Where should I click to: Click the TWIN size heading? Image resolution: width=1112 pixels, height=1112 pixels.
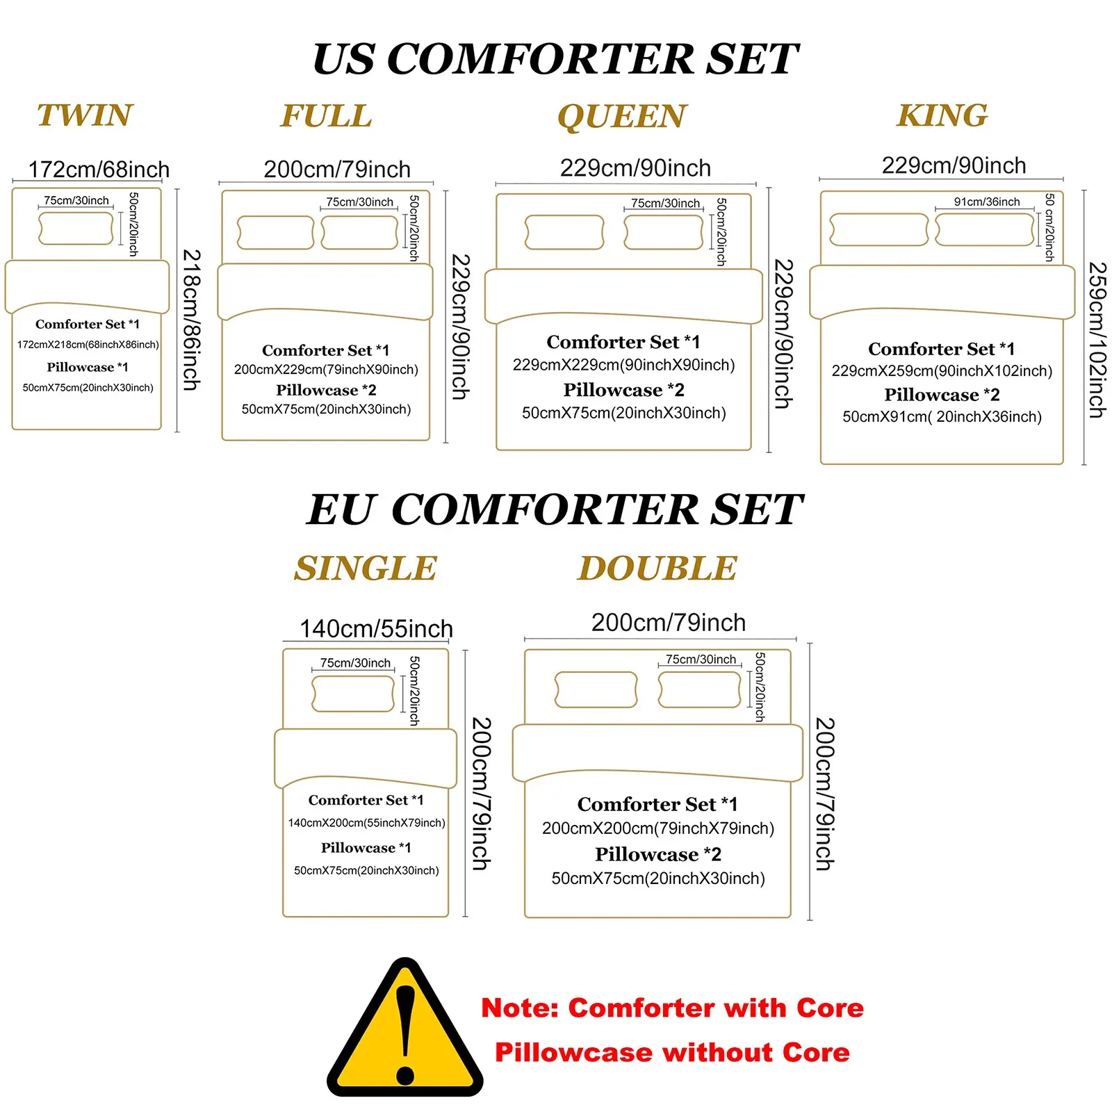[85, 115]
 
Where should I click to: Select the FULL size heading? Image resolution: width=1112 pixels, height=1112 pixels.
[326, 116]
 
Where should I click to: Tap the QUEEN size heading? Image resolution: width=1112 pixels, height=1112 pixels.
[622, 117]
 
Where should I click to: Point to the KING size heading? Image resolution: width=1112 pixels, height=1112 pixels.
[942, 115]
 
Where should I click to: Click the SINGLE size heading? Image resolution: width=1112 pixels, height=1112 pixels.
[366, 569]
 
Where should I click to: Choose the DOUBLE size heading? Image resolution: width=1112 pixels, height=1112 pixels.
[657, 569]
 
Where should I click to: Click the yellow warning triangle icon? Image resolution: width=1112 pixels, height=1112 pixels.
[405, 1029]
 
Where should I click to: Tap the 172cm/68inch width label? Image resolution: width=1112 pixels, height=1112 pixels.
[99, 170]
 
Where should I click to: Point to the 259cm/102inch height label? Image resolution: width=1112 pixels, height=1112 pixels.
[1097, 340]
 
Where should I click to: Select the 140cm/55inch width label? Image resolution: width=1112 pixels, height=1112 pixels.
[376, 629]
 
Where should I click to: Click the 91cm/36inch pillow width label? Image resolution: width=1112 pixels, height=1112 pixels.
[987, 202]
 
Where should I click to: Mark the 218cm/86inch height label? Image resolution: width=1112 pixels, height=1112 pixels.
[191, 320]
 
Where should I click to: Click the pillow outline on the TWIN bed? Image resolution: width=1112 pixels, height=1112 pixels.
[76, 229]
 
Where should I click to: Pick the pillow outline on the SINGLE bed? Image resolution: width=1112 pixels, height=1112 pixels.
[353, 694]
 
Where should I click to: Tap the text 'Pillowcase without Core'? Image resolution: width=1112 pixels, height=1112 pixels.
[672, 1053]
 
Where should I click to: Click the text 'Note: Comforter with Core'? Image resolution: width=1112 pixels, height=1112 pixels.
[672, 1008]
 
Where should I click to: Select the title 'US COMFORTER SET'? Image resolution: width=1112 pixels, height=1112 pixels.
[556, 58]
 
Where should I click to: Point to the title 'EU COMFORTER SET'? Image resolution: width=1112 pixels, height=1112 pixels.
[555, 509]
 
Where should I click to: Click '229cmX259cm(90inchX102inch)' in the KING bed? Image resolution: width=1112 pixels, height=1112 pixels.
[942, 371]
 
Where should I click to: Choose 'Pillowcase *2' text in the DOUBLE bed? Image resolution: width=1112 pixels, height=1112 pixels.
[658, 854]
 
